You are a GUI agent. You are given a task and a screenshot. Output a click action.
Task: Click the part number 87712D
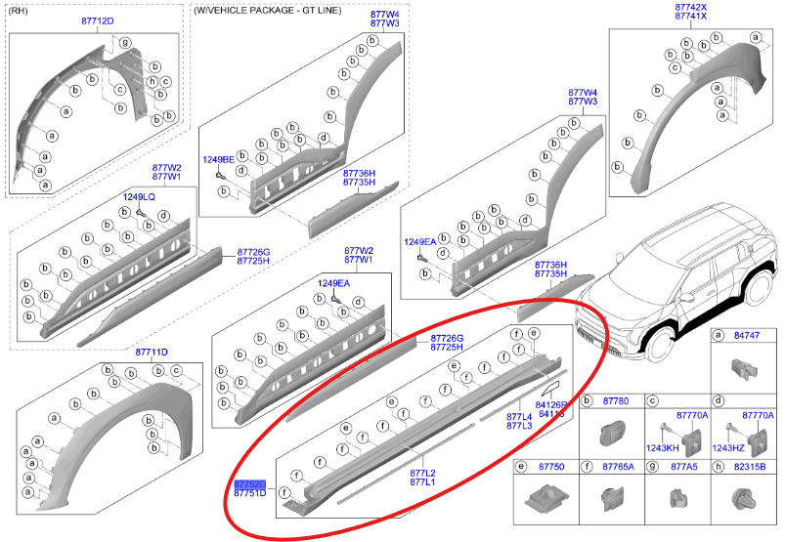96,21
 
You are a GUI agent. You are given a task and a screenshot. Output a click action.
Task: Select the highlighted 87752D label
249,483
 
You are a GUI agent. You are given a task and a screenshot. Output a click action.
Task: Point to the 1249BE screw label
218,159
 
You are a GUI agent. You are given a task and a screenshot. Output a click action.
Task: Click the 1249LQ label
138,197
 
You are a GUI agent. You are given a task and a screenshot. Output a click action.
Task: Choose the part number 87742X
690,8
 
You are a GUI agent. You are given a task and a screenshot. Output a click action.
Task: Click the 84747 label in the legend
746,335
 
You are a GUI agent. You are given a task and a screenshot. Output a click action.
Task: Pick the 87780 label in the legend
615,401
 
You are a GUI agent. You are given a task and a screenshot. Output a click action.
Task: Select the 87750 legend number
552,468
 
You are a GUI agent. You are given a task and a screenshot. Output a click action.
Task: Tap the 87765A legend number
618,468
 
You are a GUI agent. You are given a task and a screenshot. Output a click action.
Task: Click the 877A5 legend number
683,468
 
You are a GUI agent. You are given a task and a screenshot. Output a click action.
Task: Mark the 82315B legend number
751,468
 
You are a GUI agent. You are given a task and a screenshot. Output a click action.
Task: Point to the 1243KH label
664,447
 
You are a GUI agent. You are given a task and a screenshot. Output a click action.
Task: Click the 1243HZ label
729,447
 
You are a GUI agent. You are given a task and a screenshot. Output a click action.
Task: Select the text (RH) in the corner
19,10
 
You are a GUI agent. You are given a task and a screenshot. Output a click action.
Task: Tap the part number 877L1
422,482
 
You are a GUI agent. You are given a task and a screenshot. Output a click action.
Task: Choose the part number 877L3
519,427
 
